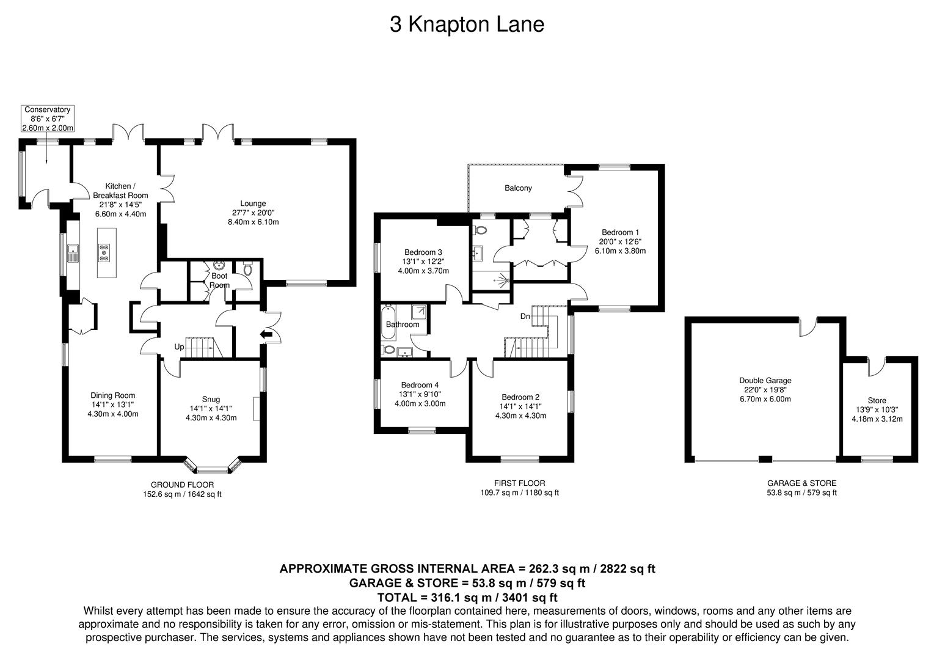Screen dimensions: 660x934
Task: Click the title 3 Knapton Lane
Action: [467, 25]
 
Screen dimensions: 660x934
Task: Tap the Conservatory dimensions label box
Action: [47, 119]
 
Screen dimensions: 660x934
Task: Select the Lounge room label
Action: [253, 212]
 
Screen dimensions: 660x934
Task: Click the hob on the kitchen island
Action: [104, 252]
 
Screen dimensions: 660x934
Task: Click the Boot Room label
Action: [219, 280]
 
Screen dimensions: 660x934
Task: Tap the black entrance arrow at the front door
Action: [266, 334]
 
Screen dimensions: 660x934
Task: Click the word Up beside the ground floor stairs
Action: [179, 346]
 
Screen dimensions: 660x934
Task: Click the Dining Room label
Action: [112, 404]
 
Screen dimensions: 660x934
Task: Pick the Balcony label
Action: [518, 188]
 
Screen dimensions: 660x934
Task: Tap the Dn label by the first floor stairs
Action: [525, 317]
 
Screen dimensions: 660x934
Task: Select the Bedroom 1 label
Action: [620, 241]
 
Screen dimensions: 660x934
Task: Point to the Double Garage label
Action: [765, 389]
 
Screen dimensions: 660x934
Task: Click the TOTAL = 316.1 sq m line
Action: [467, 597]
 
